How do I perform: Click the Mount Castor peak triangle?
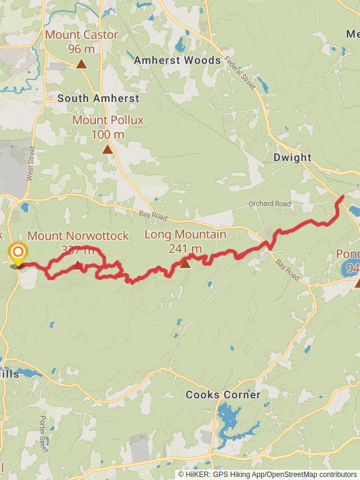click(81, 63)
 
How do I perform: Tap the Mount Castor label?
click(82, 35)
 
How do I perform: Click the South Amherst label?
click(98, 98)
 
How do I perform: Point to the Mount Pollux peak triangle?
click(107, 149)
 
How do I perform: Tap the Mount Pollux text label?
click(108, 120)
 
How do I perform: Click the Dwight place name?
click(292, 158)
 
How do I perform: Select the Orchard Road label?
click(269, 204)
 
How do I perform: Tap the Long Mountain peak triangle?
click(185, 263)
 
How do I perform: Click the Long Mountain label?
click(185, 235)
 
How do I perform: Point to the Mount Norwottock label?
click(78, 236)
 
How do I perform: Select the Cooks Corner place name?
click(223, 395)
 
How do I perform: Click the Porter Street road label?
click(43, 427)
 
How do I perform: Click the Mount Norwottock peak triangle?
click(78, 263)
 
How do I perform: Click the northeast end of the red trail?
click(342, 197)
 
